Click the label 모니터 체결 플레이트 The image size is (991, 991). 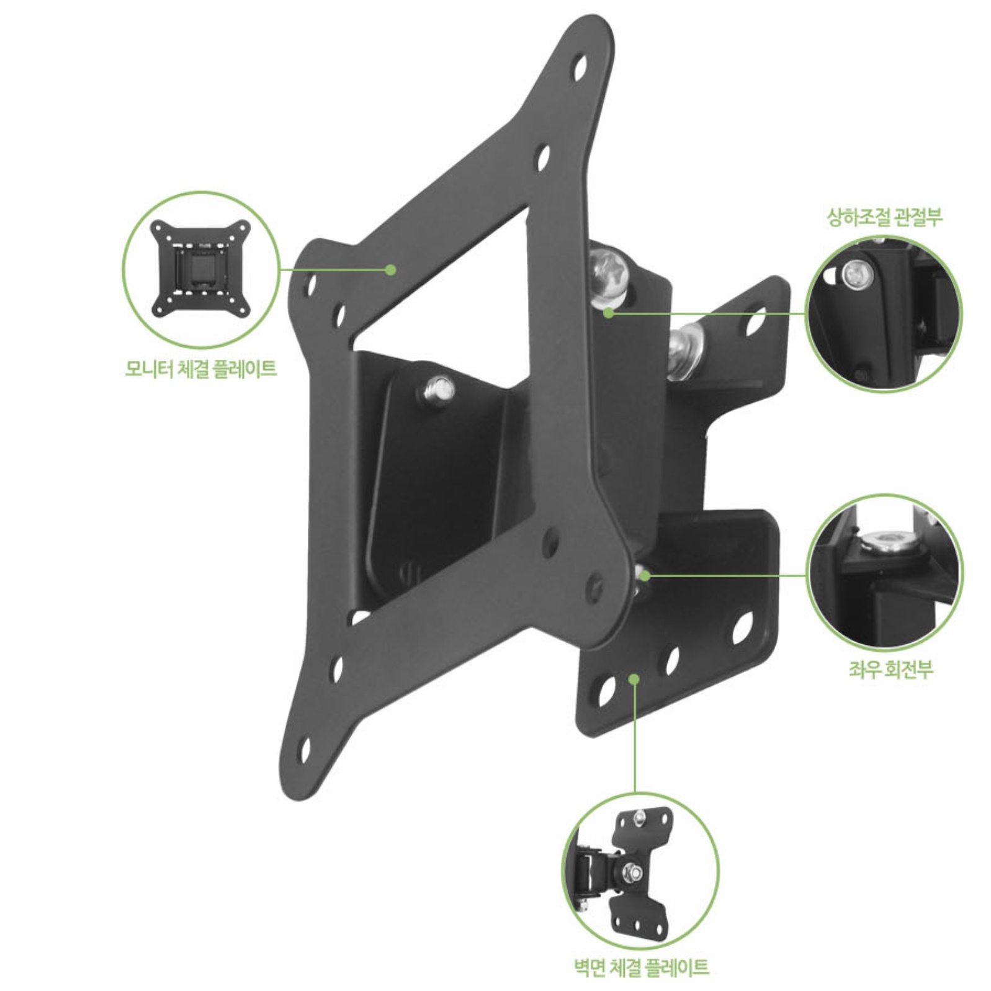pos(200,369)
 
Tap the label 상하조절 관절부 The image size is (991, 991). pos(884,217)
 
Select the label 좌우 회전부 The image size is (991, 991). pos(891,669)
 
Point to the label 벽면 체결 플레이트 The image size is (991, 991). pos(641,967)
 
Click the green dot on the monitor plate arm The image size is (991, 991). pos(390,269)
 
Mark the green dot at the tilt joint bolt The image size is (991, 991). pos(609,313)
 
